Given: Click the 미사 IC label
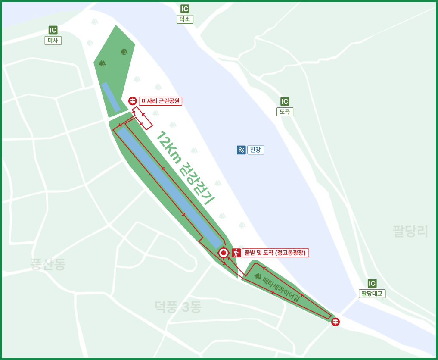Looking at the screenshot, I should coord(53,41).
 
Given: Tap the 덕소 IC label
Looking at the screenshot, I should coord(185,19).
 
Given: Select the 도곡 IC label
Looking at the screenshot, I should coord(285,112).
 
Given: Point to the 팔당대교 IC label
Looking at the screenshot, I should coord(372,294).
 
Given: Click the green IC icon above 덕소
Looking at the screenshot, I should coord(185,9).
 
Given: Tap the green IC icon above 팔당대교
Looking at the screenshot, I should coord(372,283).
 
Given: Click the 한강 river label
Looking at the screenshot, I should coord(255,150).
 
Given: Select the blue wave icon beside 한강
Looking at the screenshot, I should coord(241,150).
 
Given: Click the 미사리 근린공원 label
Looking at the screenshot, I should coord(161,101).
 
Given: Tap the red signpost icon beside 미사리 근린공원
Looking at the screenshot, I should coord(133,101).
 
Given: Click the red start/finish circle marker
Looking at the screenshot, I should coord(223,253).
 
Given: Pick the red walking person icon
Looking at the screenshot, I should coord(236,253).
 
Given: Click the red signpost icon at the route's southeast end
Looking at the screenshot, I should coord(335,322).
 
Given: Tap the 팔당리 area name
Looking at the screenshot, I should coord(410,231).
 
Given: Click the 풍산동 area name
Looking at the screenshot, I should coord(48,264).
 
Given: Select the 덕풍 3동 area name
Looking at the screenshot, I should coord(178,307).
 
